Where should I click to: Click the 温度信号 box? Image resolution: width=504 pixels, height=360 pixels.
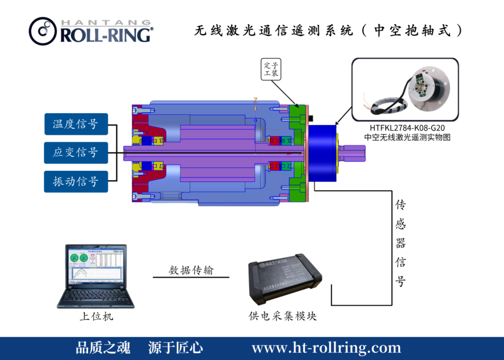(76, 124)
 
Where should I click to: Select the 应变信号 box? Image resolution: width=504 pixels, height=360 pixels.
(76, 152)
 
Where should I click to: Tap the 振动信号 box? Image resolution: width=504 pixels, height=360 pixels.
(76, 181)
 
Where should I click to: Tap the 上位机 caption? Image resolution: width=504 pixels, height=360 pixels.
(96, 317)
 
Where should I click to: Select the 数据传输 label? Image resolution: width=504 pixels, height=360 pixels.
(191, 270)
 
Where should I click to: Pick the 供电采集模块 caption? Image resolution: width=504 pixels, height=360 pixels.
(283, 316)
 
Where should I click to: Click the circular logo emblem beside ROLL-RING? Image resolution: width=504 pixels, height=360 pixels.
(43, 31)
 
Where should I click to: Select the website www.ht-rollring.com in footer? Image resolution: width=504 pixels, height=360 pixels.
(326, 348)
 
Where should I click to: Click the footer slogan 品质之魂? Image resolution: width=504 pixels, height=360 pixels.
(103, 348)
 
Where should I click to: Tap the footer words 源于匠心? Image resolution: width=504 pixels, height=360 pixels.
(175, 348)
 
